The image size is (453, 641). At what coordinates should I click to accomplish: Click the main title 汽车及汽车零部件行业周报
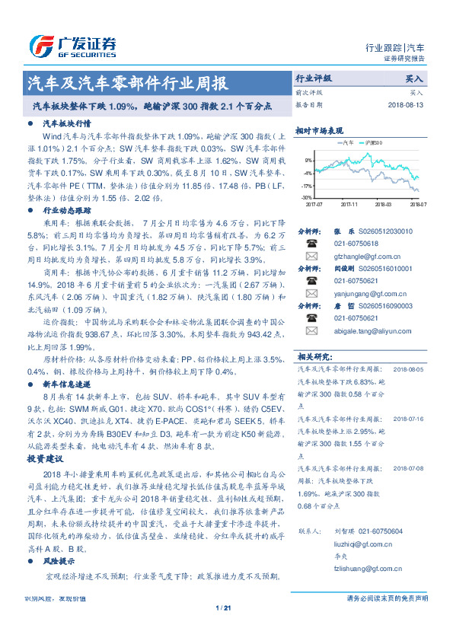[126, 83]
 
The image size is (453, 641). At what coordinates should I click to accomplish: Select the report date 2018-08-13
[404, 104]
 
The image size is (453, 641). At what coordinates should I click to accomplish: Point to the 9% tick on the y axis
[308, 161]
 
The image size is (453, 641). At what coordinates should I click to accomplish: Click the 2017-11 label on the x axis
[349, 204]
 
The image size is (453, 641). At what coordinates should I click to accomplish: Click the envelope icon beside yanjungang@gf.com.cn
[311, 294]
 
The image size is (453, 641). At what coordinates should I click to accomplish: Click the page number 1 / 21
[223, 608]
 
